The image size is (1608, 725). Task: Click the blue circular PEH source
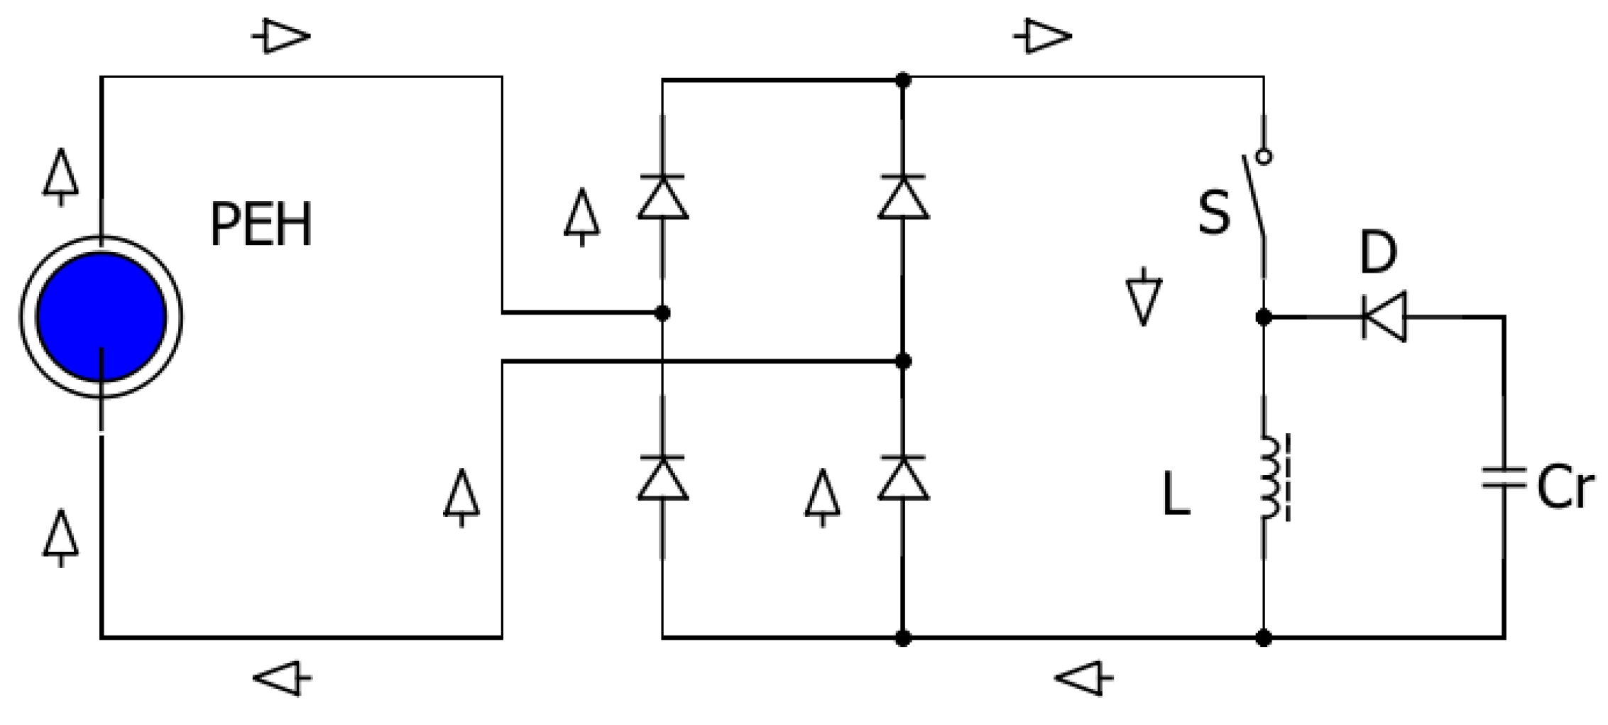coord(101,317)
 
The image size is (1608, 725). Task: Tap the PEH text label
coord(261,226)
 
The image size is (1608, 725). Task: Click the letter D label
coord(1378,253)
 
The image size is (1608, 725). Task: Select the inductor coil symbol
coord(1271,478)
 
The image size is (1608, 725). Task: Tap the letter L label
coord(1175,495)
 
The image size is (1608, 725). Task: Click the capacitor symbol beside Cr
coord(1504,478)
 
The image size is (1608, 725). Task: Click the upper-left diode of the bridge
coord(662,197)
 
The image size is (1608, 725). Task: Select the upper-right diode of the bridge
coord(903,197)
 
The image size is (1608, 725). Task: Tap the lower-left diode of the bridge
coord(662,479)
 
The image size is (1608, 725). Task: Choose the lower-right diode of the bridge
coord(903,479)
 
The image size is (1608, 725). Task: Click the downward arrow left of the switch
coord(1143,298)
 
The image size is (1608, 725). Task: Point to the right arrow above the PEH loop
coord(282,36)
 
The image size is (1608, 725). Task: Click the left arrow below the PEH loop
coord(282,679)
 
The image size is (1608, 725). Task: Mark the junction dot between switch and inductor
coord(1264,317)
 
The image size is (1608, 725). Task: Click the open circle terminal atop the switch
coord(1264,156)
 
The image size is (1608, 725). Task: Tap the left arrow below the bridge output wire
coord(1083,679)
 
